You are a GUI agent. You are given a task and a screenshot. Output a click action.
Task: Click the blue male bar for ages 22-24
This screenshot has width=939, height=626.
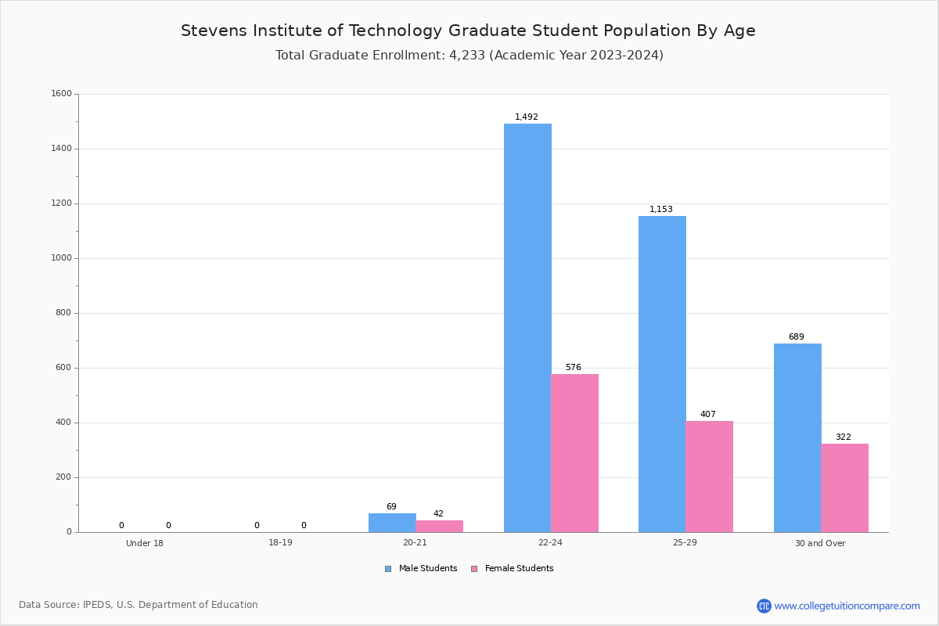(x=527, y=328)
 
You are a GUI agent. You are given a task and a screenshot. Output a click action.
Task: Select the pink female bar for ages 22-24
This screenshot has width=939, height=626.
(x=574, y=453)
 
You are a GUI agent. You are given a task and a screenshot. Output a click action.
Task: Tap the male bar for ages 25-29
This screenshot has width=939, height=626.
(x=662, y=374)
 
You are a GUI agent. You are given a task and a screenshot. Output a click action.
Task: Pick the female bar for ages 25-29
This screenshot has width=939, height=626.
(x=709, y=477)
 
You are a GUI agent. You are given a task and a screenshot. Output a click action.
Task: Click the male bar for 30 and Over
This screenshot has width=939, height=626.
(x=797, y=438)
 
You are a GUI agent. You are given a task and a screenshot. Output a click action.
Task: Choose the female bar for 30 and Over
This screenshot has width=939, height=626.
(x=844, y=488)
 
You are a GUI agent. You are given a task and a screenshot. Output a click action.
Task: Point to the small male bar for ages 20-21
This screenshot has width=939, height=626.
(x=392, y=523)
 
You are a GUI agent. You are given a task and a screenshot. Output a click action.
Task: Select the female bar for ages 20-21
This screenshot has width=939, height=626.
(x=439, y=527)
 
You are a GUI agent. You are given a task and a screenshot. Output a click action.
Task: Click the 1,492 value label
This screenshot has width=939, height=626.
(x=527, y=117)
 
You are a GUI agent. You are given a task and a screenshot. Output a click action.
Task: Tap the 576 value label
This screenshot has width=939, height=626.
(x=574, y=367)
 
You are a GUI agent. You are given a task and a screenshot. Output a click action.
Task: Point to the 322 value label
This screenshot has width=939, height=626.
(x=844, y=437)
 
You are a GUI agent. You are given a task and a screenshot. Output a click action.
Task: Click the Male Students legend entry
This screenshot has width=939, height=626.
(x=421, y=569)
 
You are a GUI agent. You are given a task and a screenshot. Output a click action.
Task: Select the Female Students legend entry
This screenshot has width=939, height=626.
(x=513, y=569)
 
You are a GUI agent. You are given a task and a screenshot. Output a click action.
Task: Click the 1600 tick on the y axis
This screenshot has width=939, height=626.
(x=61, y=93)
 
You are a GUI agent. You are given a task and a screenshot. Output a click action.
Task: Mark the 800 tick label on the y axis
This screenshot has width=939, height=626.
(x=63, y=313)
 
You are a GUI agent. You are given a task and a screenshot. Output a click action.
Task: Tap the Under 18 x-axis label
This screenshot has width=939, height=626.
(x=145, y=543)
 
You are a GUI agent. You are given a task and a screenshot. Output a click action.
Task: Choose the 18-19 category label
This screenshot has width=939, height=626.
(x=280, y=542)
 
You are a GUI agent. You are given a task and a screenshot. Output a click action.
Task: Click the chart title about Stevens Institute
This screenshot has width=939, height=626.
(x=468, y=31)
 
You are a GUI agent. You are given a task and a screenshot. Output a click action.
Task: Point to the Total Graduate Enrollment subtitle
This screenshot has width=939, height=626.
(x=469, y=55)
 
